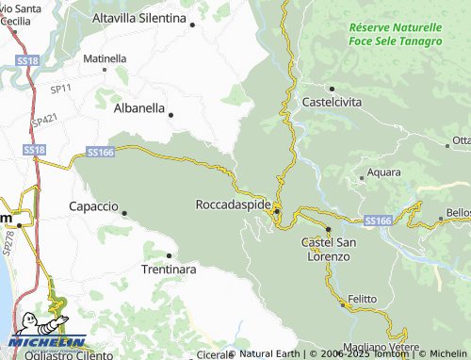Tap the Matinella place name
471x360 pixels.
click(x=105, y=58)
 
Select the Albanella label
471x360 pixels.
click(x=138, y=108)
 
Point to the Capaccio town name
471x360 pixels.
click(x=93, y=205)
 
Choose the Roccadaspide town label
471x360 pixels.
click(x=233, y=204)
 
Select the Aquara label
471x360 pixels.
click(x=383, y=172)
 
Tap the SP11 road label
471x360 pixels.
click(x=61, y=89)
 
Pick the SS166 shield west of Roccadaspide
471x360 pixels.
click(x=100, y=151)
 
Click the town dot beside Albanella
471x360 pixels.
click(x=171, y=114)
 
